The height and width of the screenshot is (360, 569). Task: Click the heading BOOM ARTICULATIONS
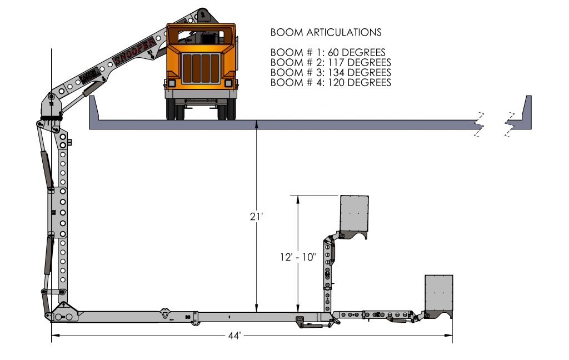pyautogui.click(x=326, y=32)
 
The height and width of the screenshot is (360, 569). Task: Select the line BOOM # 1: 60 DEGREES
pyautogui.click(x=328, y=53)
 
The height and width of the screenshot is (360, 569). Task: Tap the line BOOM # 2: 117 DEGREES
pyautogui.click(x=331, y=63)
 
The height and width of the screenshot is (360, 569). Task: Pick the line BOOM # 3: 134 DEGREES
pyautogui.click(x=331, y=73)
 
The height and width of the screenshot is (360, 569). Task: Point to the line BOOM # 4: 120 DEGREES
pyautogui.click(x=331, y=83)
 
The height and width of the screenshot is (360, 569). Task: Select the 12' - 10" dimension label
pyautogui.click(x=298, y=257)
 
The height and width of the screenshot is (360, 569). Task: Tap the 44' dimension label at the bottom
pyautogui.click(x=234, y=336)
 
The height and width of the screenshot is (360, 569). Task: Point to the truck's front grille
pyautogui.click(x=201, y=67)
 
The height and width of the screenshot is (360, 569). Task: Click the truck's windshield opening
pyautogui.click(x=201, y=37)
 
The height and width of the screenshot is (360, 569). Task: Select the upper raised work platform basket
pyautogui.click(x=354, y=214)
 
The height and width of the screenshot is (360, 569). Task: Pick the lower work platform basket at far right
pyautogui.click(x=439, y=293)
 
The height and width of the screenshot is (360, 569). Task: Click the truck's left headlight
pyautogui.click(x=172, y=83)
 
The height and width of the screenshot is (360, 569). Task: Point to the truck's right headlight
pyautogui.click(x=228, y=83)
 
